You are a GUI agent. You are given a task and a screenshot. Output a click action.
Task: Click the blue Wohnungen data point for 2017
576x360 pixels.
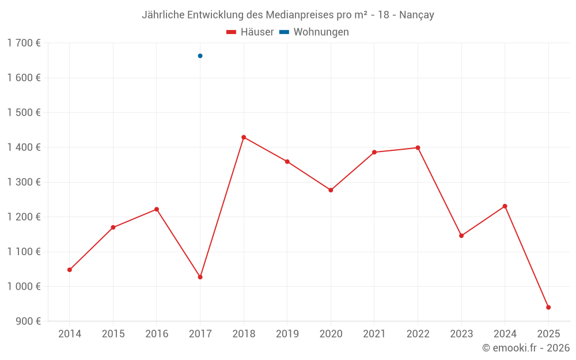tap(200, 56)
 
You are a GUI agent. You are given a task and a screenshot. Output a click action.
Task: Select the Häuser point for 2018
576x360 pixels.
tap(244, 137)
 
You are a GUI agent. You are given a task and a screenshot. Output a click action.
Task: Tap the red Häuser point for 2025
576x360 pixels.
tap(548, 308)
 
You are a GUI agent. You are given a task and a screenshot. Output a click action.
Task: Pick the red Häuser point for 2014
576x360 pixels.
tap(70, 270)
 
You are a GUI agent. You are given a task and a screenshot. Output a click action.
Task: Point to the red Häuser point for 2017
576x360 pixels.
tap(200, 277)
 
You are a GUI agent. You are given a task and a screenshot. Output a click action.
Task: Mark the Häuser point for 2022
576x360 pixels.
tap(418, 148)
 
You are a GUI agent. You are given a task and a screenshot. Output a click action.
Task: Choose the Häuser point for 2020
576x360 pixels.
tap(331, 190)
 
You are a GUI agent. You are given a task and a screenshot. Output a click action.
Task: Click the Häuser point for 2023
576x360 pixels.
tap(461, 236)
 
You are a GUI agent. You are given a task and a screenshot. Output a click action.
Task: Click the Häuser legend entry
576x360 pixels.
tap(250, 32)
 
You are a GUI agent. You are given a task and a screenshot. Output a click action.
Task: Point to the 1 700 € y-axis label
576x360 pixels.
tap(24, 43)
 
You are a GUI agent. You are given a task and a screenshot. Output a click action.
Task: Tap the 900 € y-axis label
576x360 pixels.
tap(27, 321)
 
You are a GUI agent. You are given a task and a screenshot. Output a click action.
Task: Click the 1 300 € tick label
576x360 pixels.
tap(24, 182)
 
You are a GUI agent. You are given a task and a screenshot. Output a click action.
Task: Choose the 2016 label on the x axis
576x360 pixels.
tap(157, 334)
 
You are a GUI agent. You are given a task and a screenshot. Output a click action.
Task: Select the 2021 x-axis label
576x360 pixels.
tap(374, 334)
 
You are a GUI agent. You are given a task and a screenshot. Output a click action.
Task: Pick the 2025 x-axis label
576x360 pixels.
tap(548, 334)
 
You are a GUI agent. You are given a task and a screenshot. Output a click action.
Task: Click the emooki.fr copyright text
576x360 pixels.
tap(526, 348)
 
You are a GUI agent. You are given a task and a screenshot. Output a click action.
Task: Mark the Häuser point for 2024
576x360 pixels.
tap(505, 206)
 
